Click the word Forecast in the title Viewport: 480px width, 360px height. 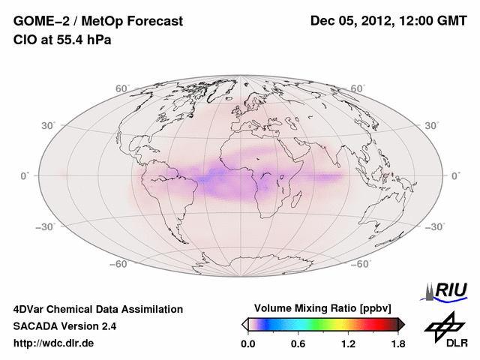(148, 21)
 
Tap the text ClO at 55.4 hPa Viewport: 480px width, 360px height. (62, 40)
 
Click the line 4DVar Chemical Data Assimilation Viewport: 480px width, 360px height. (97, 309)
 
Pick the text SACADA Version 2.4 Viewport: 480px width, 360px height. (64, 326)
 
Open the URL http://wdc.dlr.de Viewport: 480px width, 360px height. (54, 343)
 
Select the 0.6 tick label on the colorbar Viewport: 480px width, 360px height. (298, 343)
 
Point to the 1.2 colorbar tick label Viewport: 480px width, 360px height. (347, 343)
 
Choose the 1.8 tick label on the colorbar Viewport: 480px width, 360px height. (397, 343)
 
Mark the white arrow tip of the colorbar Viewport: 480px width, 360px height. (244, 324)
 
